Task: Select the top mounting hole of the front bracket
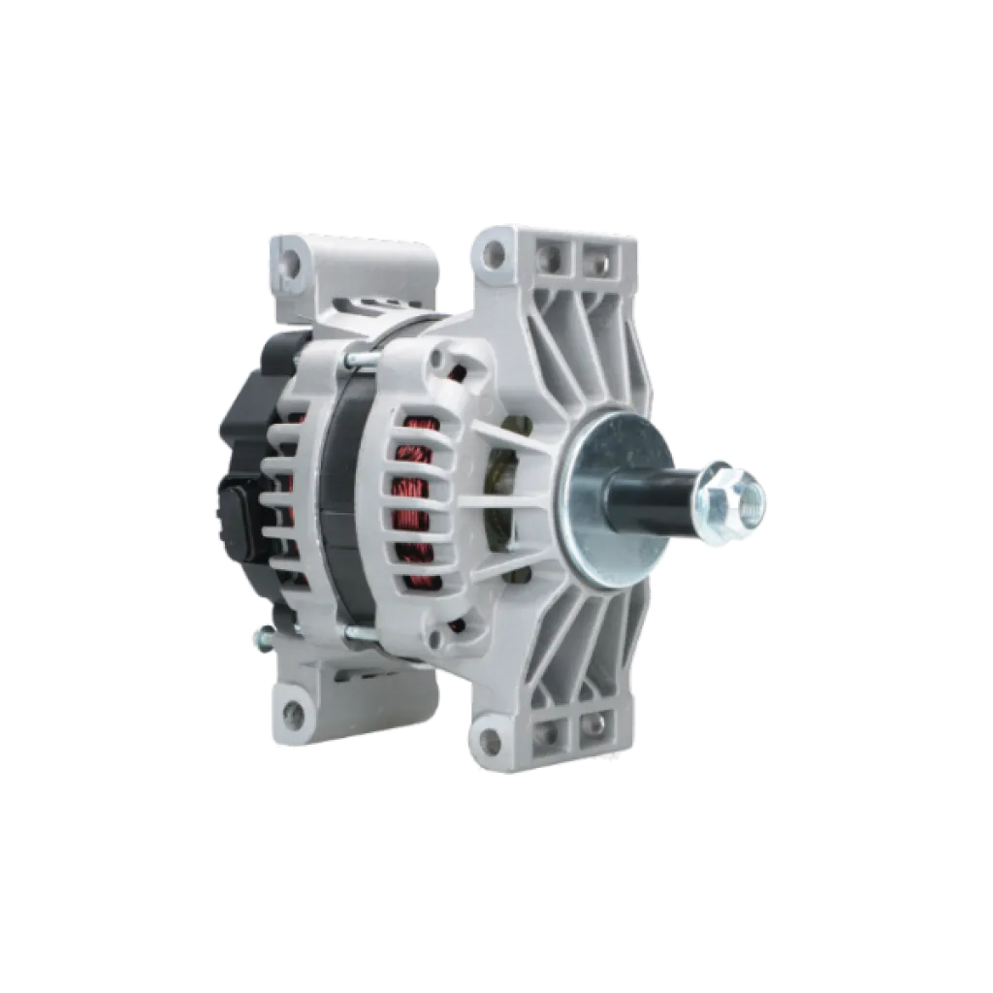pyautogui.click(x=494, y=255)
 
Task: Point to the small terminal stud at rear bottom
pyautogui.click(x=259, y=637)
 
